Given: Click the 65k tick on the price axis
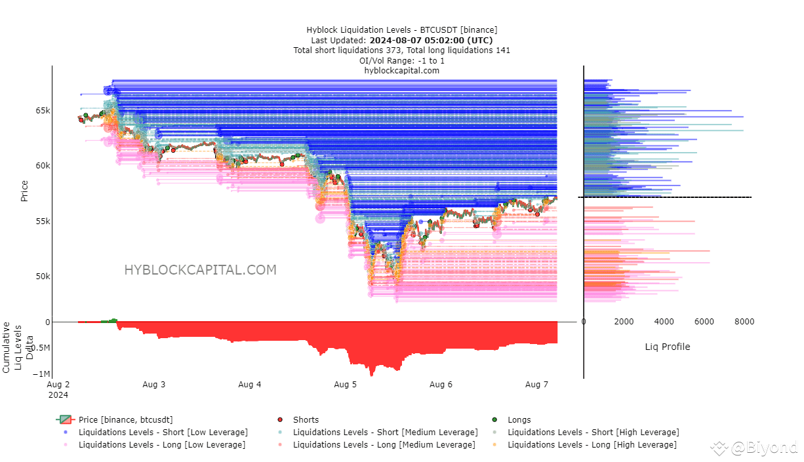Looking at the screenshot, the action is point(43,111).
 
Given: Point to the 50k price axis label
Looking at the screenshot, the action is point(43,276).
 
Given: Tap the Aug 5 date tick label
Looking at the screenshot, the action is point(346,385).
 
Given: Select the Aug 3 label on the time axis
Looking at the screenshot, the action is point(154,385).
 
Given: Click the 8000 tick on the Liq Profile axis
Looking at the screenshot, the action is point(744,321).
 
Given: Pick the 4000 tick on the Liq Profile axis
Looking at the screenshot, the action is point(664,321).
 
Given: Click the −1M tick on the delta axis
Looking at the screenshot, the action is point(41,374).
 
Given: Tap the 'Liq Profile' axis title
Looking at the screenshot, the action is point(668,347).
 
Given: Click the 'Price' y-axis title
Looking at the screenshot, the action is point(24,191).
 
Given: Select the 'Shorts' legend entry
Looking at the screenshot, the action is point(298,419).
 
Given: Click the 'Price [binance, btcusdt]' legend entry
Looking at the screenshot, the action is point(115,419).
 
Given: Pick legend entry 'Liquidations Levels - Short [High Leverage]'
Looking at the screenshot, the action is point(586,433).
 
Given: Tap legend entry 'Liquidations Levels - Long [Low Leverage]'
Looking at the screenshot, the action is point(155,445).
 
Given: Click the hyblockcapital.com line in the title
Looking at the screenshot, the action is point(401,71).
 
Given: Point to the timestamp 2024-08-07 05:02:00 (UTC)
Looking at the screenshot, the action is point(431,40).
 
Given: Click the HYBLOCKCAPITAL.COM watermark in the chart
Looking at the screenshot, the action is point(200,270).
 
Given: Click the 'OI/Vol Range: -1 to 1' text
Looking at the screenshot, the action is point(401,61).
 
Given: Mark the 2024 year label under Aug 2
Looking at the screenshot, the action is point(58,395).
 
